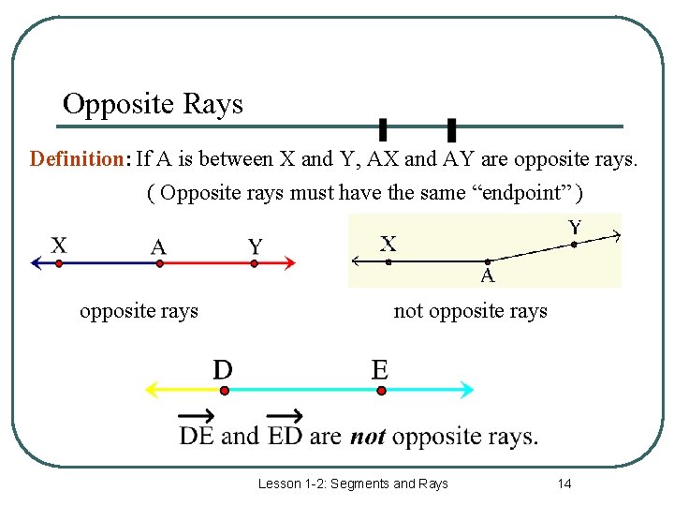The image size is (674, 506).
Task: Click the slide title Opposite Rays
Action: point(153,103)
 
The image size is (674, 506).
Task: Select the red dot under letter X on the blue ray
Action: point(59,264)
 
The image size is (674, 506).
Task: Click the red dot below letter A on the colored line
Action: point(159,264)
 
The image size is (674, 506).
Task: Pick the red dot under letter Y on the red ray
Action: point(255,264)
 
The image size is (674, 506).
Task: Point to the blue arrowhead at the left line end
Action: point(36,264)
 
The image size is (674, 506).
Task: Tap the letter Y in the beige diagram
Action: point(575,227)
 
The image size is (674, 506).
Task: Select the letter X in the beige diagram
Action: point(388,245)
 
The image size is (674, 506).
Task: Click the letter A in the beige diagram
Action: point(488,275)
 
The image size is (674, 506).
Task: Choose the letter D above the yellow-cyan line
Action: point(223,370)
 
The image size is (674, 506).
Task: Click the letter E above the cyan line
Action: point(379,370)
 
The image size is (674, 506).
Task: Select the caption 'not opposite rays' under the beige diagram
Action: point(470,311)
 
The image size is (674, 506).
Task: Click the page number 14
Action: point(564,484)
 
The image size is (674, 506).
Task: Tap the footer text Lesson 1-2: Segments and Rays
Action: point(353,484)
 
